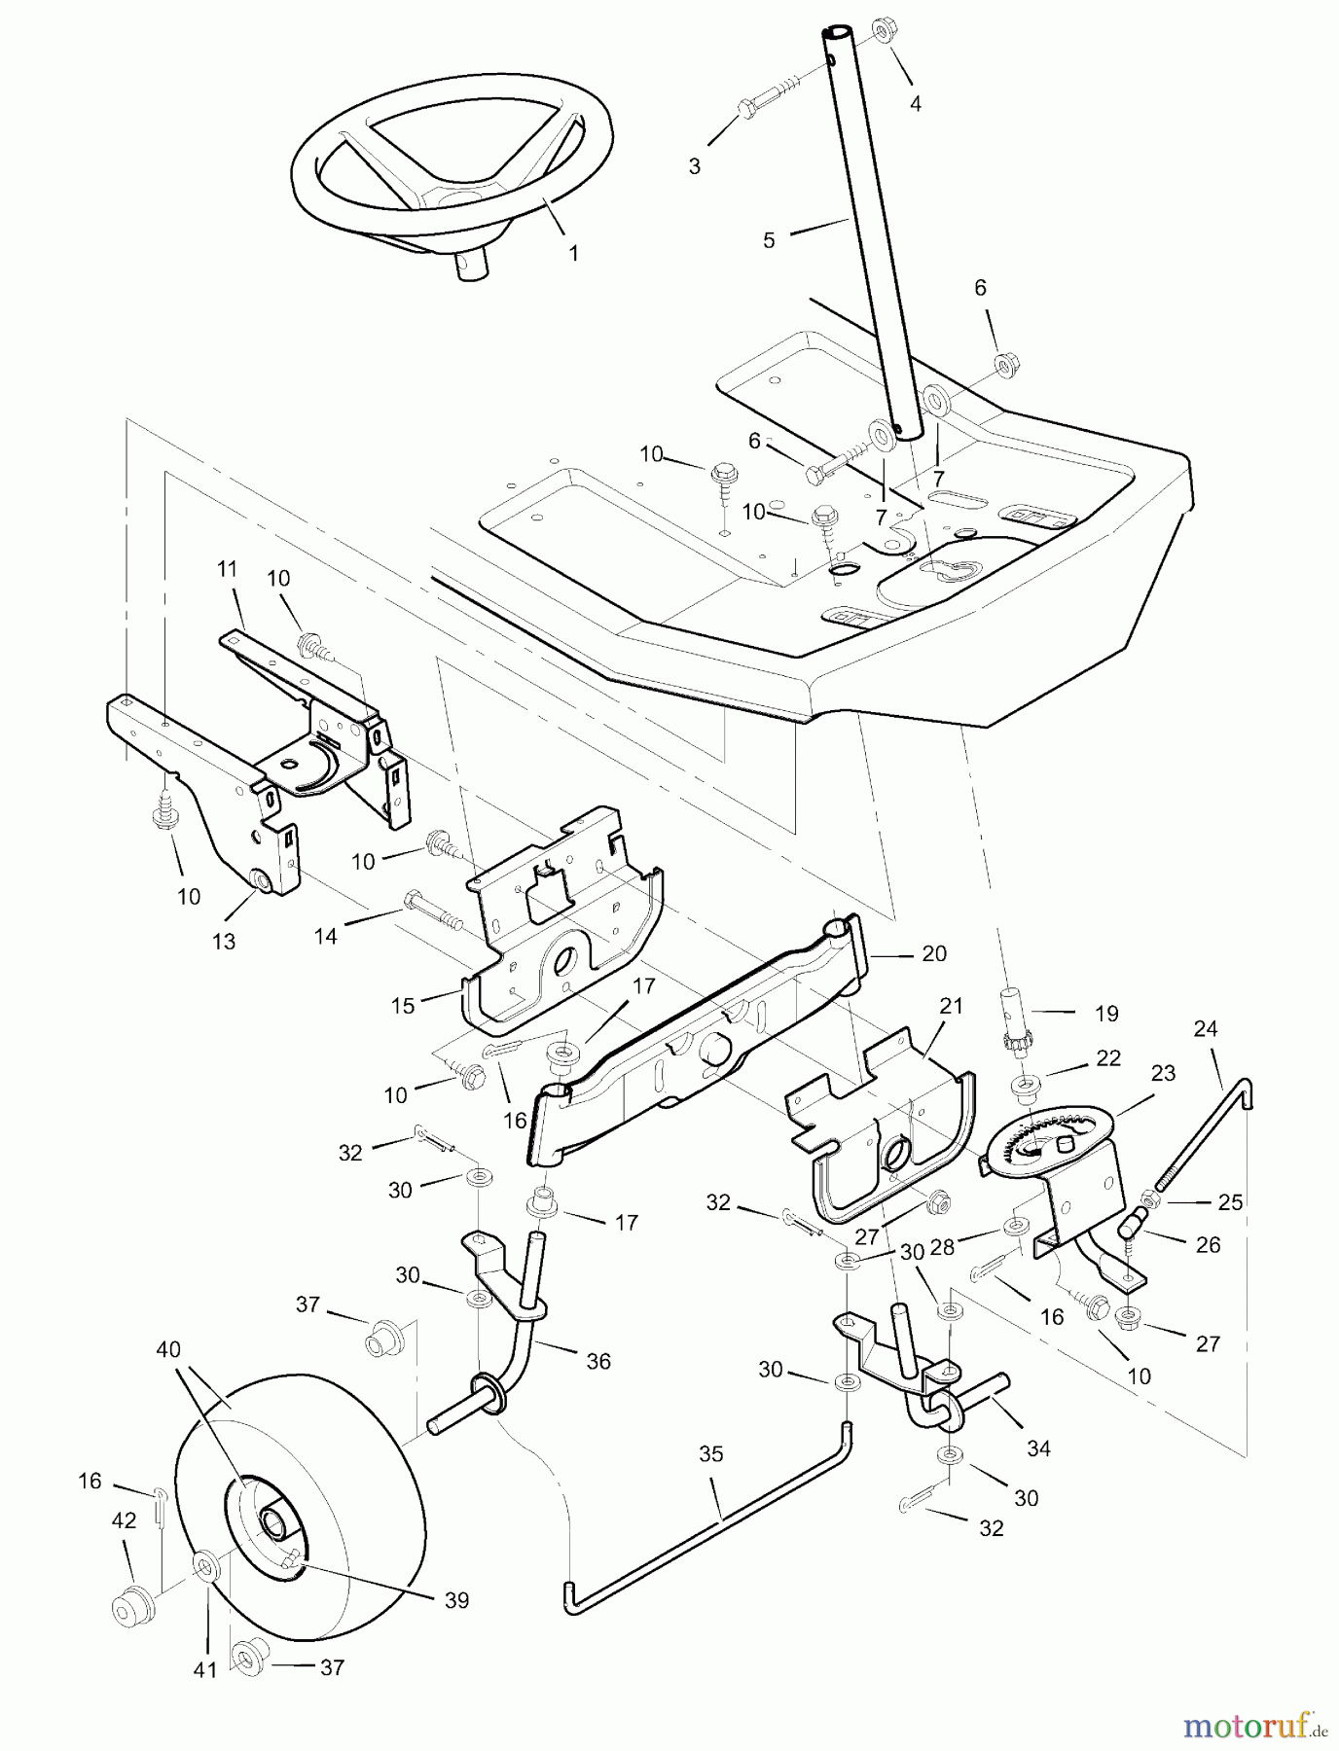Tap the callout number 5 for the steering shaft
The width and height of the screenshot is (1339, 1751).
coord(769,239)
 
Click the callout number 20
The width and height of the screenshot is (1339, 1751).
coord(933,954)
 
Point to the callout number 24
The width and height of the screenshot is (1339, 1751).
coord(1206,1028)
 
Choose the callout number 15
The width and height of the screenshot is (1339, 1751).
coord(404,1006)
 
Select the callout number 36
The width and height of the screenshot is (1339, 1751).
coord(598,1361)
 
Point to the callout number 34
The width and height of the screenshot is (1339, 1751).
coord(1038,1448)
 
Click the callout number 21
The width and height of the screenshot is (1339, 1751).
coord(951,1006)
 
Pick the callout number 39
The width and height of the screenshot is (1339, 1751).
coord(456,1600)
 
